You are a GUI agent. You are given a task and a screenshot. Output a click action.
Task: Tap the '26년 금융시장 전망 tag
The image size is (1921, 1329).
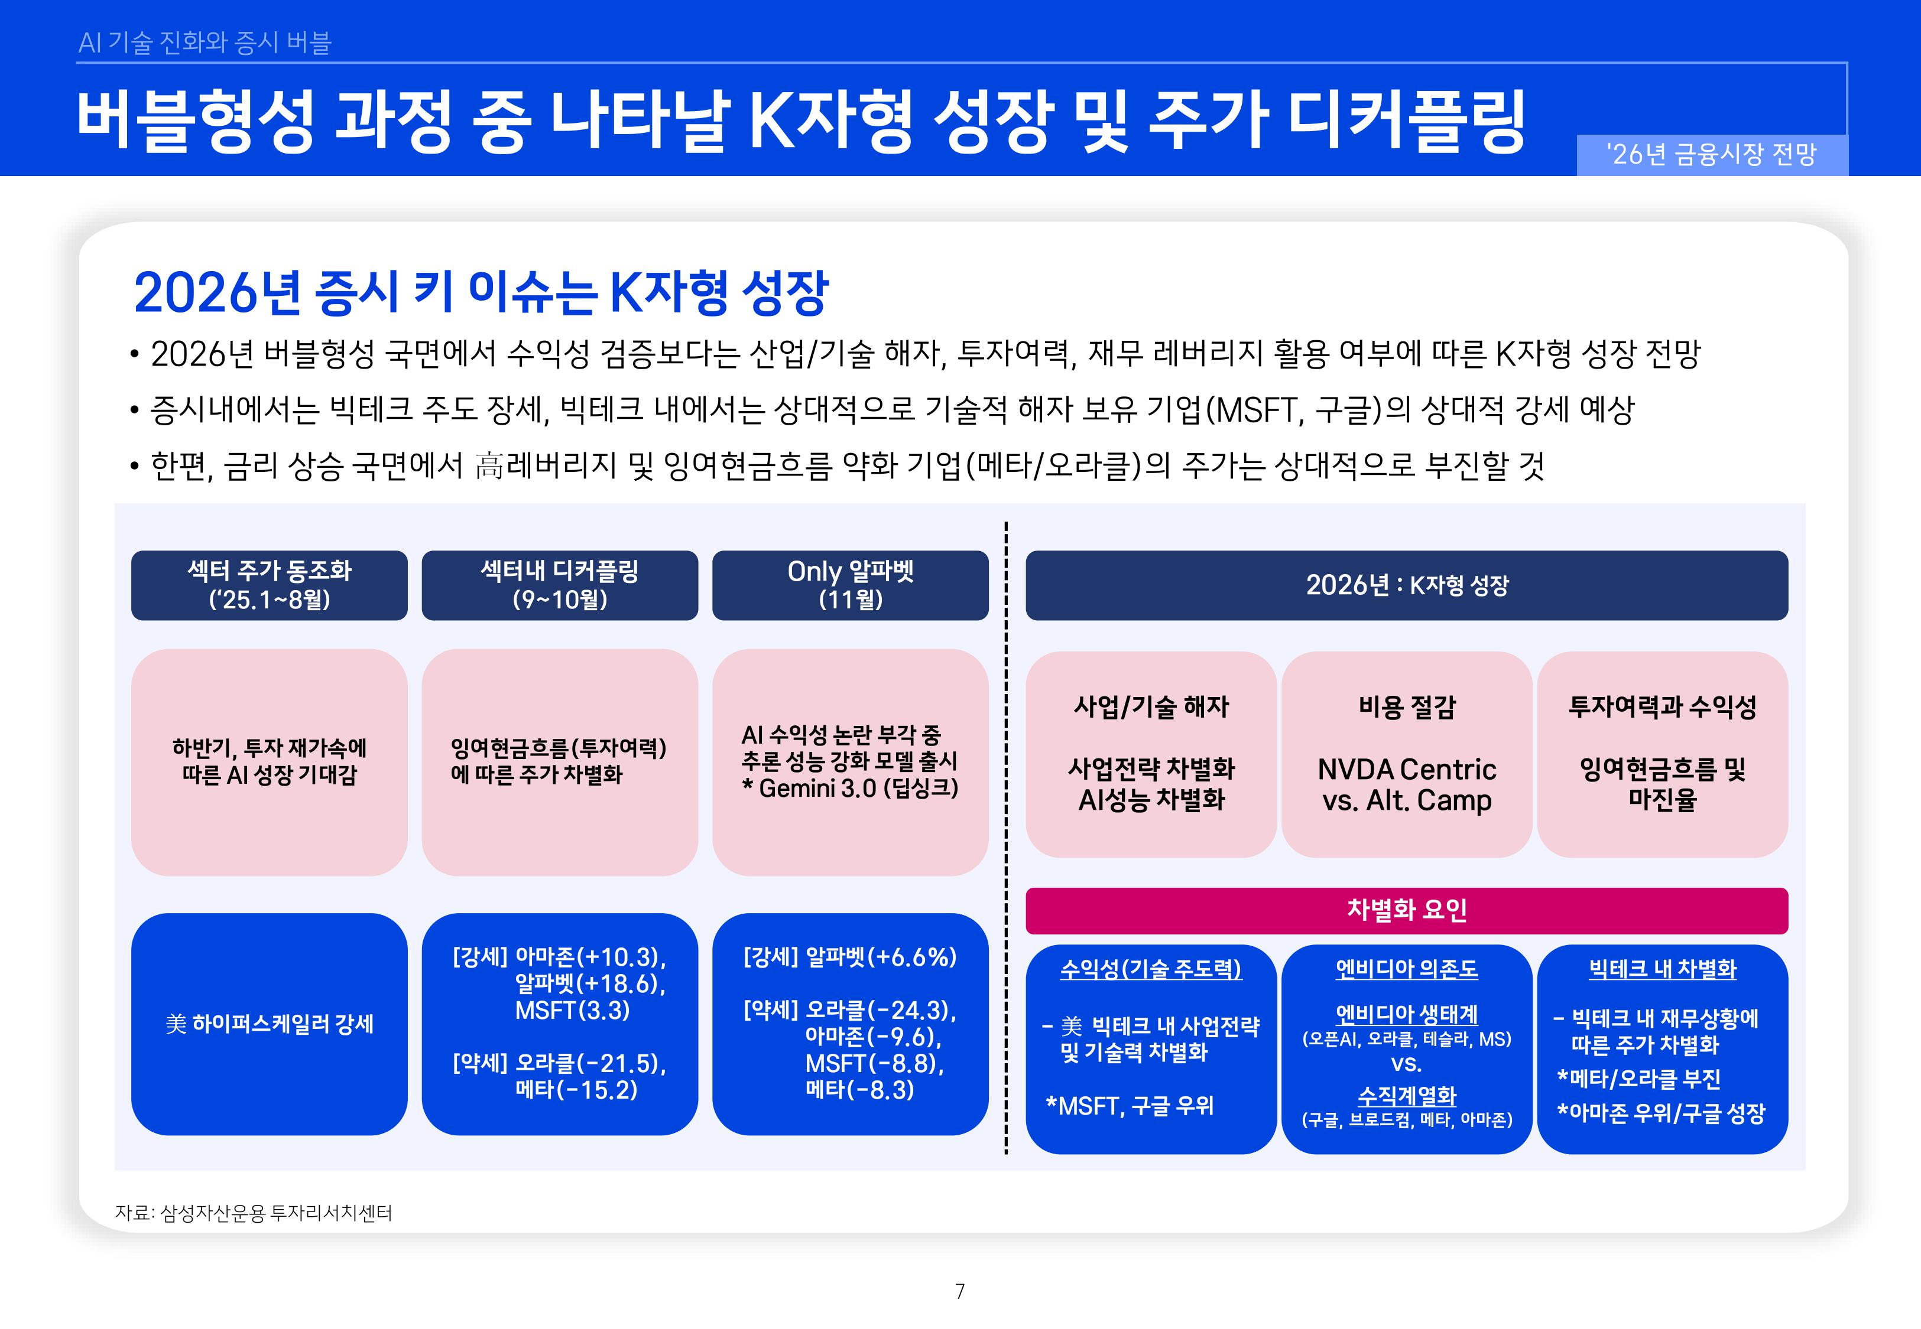click(x=1711, y=155)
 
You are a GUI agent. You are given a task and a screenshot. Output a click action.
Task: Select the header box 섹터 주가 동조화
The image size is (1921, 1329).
click(x=269, y=585)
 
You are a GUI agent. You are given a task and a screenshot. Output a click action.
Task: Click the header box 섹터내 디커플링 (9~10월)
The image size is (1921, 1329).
click(x=559, y=585)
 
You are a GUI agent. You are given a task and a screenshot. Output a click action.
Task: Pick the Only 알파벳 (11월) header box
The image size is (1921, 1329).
click(x=850, y=585)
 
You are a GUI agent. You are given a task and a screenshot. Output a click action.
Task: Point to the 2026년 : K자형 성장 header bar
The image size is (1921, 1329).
click(x=1406, y=585)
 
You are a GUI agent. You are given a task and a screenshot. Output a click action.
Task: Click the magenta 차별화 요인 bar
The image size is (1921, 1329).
click(x=1406, y=910)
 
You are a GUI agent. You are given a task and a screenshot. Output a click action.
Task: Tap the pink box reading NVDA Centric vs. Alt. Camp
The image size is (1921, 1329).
click(x=1406, y=754)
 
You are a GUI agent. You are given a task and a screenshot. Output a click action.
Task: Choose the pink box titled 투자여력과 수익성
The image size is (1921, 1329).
click(x=1662, y=754)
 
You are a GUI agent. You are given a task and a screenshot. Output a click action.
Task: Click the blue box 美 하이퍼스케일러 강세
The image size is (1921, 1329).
click(x=269, y=1024)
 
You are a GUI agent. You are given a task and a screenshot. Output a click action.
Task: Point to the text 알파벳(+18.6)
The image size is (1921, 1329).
click(x=590, y=983)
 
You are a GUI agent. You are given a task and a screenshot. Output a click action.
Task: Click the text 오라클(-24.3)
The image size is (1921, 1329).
click(x=881, y=1010)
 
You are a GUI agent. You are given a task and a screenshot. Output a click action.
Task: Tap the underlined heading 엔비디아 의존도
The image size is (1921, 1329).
click(x=1406, y=969)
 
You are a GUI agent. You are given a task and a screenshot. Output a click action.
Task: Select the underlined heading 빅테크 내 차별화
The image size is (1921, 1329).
click(x=1662, y=969)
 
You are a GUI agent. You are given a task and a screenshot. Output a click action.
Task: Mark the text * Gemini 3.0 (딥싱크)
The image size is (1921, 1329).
click(x=850, y=788)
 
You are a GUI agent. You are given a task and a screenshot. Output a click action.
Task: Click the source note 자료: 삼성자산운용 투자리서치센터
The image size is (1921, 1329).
click(x=253, y=1213)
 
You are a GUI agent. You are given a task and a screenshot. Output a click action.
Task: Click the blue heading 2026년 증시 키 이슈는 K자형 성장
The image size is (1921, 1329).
click(x=481, y=292)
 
